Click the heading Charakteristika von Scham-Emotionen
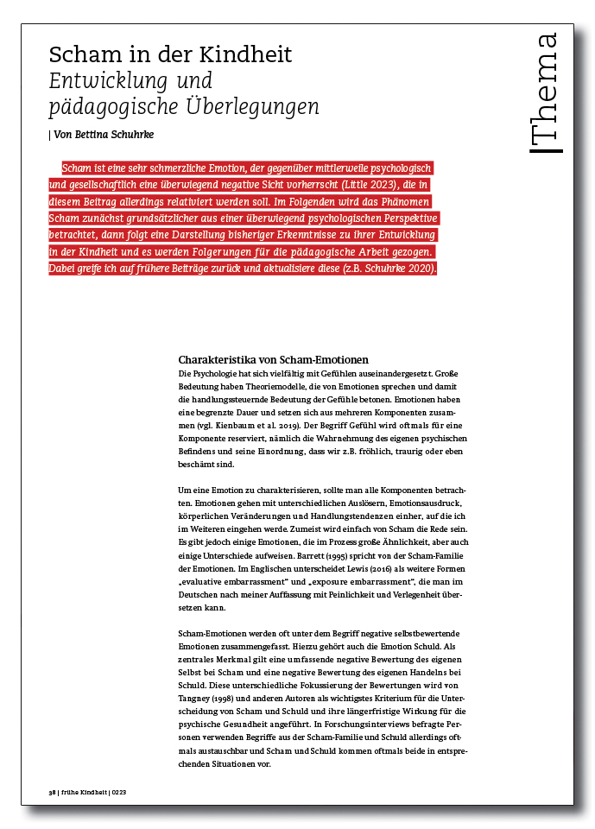(273, 359)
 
